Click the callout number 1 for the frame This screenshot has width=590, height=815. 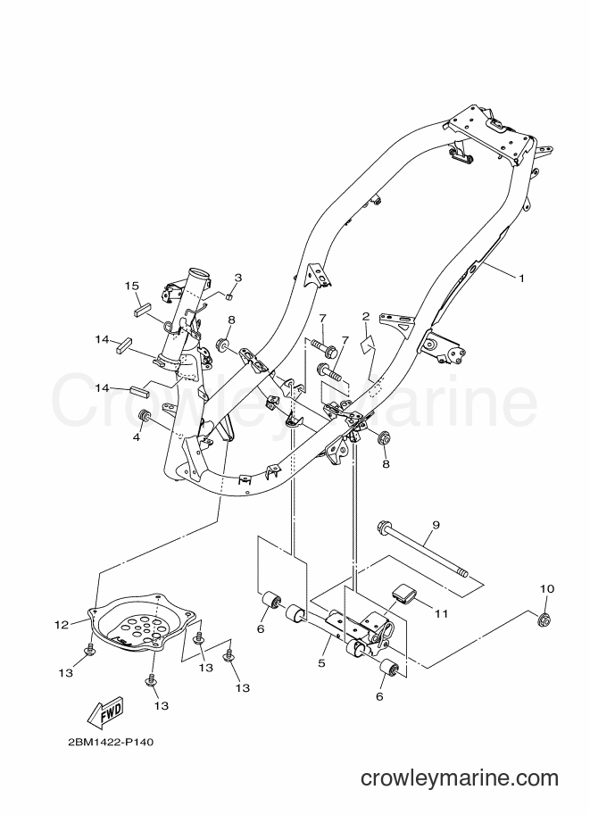coord(521,279)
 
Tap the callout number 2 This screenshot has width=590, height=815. coord(365,316)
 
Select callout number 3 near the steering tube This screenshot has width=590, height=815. coord(237,278)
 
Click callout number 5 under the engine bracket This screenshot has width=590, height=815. coord(321,662)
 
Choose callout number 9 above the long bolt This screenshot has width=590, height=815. coord(436,525)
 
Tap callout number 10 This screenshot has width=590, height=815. coord(547,589)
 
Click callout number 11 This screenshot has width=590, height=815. coord(441,614)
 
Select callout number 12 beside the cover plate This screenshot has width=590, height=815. coord(62,625)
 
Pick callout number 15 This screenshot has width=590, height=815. coord(132,286)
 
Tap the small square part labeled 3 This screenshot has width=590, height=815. coord(228,296)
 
